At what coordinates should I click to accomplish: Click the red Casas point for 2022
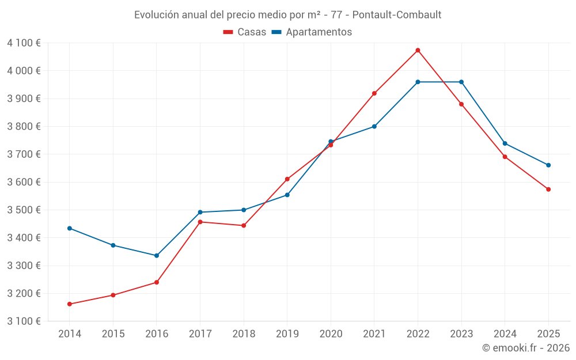(418, 50)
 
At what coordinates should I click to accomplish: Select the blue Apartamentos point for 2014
(70, 228)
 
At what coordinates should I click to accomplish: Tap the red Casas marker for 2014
(70, 304)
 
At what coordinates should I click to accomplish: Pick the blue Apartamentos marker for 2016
(157, 256)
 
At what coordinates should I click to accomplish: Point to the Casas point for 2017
(200, 222)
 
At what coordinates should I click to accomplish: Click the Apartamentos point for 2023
(461, 82)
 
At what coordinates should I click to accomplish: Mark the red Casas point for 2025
(548, 190)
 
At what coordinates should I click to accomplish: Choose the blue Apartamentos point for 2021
(374, 127)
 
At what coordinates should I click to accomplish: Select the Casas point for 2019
(287, 179)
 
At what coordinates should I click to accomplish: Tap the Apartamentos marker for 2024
(505, 143)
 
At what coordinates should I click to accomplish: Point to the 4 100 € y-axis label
(24, 43)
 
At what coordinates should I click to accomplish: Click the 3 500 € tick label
(24, 210)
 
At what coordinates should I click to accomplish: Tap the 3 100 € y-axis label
(24, 321)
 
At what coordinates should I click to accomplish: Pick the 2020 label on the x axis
(331, 334)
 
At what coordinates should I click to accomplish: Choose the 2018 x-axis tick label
(244, 334)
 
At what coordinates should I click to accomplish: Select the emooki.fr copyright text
(526, 348)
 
